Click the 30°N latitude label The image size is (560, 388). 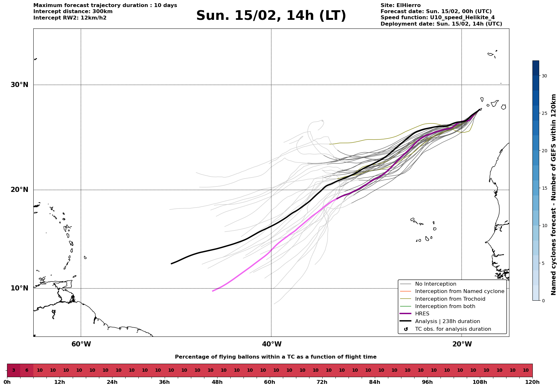tap(19, 85)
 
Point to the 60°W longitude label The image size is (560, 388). tap(81, 344)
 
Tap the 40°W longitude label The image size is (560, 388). tap(272, 344)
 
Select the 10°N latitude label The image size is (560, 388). tap(19, 288)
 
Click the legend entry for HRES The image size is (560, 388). tap(422, 314)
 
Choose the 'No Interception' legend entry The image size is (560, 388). tap(435, 284)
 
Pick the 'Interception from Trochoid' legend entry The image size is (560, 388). tap(450, 299)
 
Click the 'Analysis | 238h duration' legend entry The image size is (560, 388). tap(447, 321)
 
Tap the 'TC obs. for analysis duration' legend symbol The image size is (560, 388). tap(406, 329)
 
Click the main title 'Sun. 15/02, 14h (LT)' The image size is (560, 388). tap(271, 16)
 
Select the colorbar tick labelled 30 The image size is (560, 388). tap(544, 76)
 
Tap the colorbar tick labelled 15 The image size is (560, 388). tap(544, 188)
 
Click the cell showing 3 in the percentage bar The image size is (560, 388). tap(13, 370)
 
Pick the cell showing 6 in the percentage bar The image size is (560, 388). tap(27, 370)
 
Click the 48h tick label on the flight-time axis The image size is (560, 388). tap(217, 382)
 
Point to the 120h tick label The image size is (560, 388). tap(532, 382)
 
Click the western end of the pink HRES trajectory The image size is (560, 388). tap(213, 291)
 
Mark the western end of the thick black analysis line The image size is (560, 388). tap(172, 264)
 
